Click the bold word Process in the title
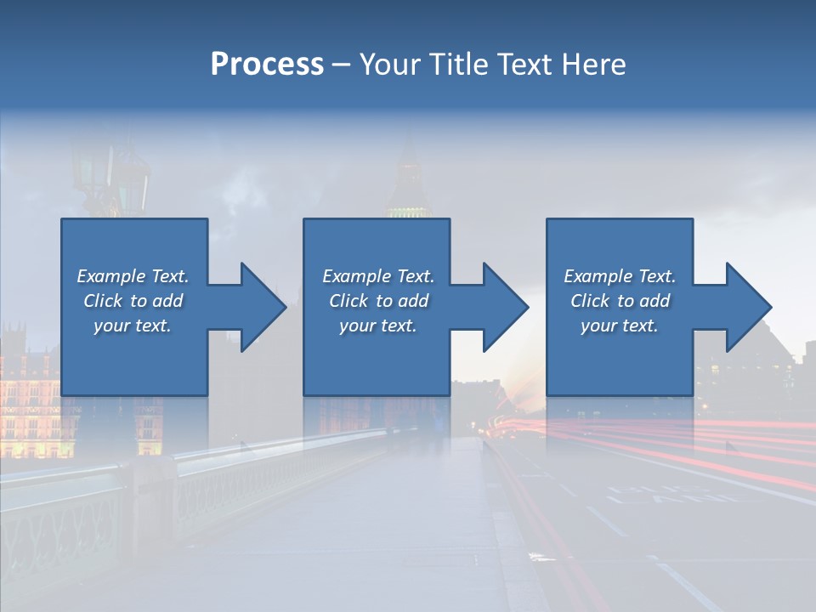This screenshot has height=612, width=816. (267, 65)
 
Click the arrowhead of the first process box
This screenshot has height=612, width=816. (263, 307)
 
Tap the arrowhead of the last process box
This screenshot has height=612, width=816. (748, 307)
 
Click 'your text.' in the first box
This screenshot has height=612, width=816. (133, 326)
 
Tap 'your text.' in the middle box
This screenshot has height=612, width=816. (377, 326)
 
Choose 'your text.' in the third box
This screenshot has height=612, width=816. (620, 326)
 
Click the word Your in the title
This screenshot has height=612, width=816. (388, 65)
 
